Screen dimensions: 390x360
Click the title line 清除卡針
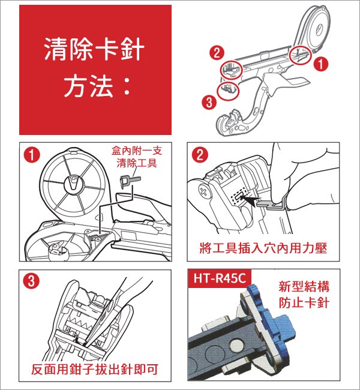coord(95,50)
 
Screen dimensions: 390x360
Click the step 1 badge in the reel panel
coord(31,155)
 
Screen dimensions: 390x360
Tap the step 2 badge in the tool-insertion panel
coord(199,155)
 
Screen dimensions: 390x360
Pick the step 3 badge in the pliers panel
coord(31,280)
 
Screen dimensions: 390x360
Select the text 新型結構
coord(304,286)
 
